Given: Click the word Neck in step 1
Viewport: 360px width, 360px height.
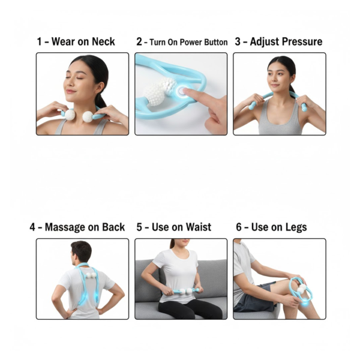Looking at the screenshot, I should [103, 42].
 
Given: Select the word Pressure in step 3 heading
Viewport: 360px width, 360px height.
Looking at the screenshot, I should [301, 42].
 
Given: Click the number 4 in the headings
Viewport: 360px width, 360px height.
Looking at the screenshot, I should [32, 227].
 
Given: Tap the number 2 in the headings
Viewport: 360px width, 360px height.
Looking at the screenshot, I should [139, 42].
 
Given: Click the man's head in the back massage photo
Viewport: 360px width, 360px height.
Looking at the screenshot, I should [81, 251].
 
